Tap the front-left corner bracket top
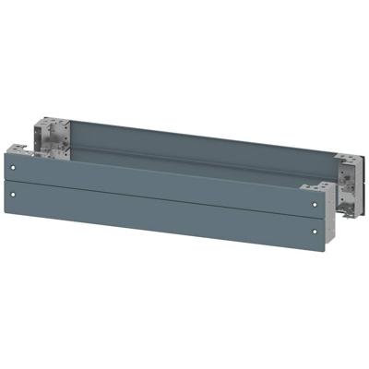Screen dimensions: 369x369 click(20, 148)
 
